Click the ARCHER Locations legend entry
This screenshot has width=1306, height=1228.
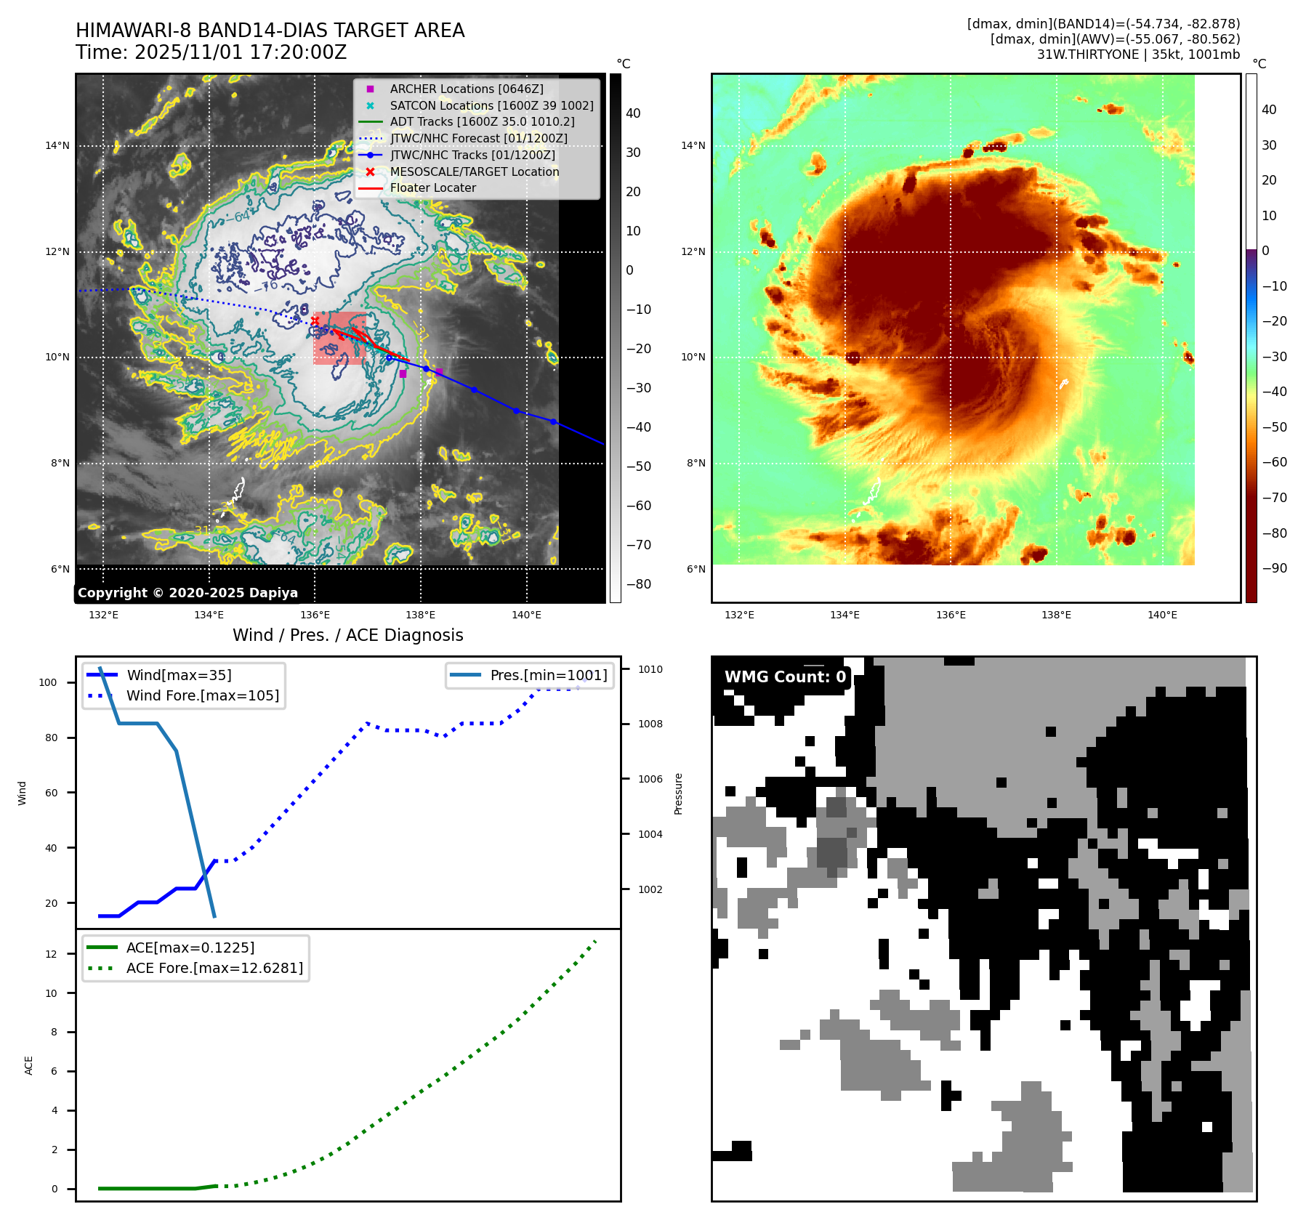tap(466, 89)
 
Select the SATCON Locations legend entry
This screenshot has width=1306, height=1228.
tap(491, 105)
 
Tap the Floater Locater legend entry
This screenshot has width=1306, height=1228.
tap(432, 187)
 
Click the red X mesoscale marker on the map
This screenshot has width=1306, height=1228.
tap(315, 320)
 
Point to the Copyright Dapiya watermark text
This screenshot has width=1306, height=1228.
tap(188, 593)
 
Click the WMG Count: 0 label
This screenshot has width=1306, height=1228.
tap(785, 677)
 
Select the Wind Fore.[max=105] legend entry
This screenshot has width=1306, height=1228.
tap(202, 695)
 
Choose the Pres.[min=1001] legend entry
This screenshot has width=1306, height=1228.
tap(548, 675)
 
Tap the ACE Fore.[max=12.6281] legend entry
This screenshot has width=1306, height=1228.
tap(214, 968)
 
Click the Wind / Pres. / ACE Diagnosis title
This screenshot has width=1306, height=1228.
tap(347, 635)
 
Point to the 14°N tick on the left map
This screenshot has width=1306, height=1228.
tap(57, 145)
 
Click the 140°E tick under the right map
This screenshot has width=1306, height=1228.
tap(1161, 615)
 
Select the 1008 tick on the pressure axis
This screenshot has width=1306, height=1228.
tap(650, 724)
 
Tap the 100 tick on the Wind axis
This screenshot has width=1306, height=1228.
tap(48, 682)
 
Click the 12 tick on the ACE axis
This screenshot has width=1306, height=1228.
tap(51, 954)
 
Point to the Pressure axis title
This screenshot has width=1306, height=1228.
tap(678, 793)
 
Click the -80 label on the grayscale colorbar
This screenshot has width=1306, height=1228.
tap(639, 584)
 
